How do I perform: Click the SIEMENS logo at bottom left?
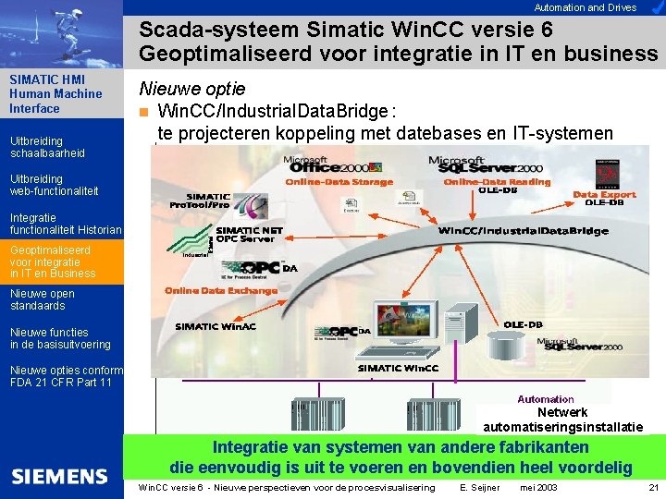[x=59, y=477]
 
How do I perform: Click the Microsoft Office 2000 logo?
[x=319, y=164]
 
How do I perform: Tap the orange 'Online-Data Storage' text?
[x=339, y=182]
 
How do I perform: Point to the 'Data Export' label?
[x=604, y=195]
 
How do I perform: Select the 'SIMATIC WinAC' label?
[x=216, y=326]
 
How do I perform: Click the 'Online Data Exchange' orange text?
[x=221, y=290]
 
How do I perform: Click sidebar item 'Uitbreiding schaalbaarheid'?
[x=46, y=147]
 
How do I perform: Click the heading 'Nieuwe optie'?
[x=191, y=89]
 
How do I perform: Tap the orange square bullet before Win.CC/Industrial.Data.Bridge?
[x=143, y=113]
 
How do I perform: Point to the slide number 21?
[x=653, y=487]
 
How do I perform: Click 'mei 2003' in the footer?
[x=538, y=487]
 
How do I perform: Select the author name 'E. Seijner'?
[x=479, y=487]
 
